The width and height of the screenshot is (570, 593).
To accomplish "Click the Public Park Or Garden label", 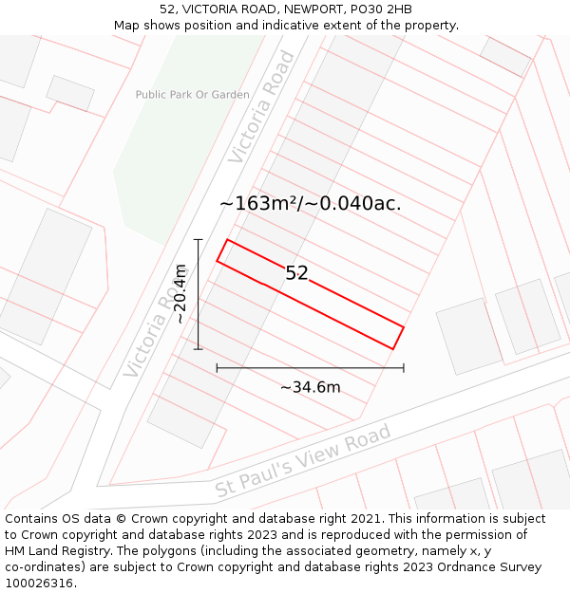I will [192, 95].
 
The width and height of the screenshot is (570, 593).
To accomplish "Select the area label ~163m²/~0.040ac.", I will [310, 203].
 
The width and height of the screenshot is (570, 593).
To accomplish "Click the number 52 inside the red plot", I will [296, 273].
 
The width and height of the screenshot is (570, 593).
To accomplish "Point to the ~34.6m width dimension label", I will [310, 386].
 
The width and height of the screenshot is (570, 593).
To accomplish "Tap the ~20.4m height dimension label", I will [180, 294].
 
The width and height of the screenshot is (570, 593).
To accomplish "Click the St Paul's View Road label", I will [303, 461].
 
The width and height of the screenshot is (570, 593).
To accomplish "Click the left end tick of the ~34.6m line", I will [217, 367].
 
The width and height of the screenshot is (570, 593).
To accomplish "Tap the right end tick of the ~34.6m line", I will [404, 367].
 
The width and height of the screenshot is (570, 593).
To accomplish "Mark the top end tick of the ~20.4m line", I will [198, 239].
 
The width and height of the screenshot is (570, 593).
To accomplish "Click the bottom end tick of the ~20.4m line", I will [198, 349].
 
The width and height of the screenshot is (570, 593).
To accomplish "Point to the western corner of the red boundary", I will [218, 261].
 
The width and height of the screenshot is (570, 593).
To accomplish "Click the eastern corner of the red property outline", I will [404, 327].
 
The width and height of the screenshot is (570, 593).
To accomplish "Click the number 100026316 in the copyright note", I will [41, 584].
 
